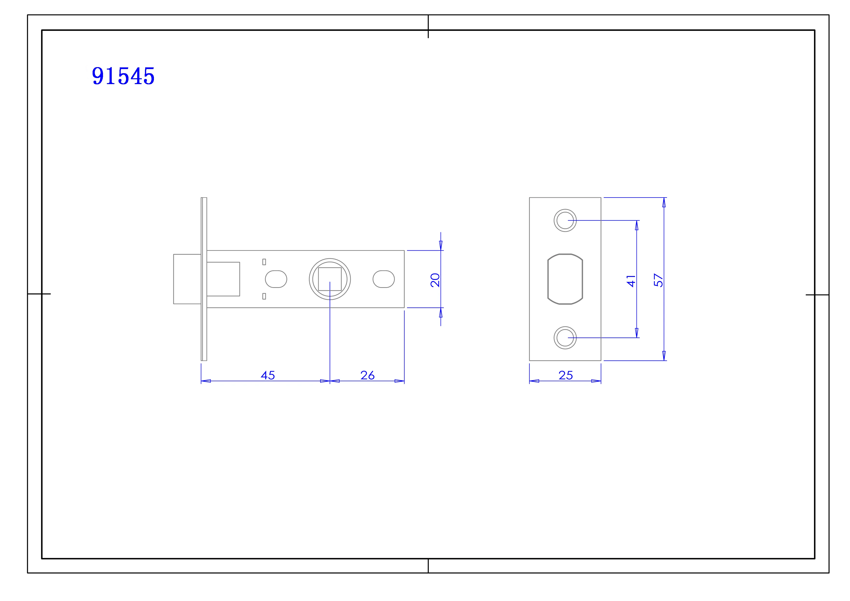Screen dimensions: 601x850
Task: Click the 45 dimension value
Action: coord(268,375)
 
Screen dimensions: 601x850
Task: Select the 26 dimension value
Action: coord(368,375)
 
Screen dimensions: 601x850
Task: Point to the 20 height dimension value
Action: coord(435,280)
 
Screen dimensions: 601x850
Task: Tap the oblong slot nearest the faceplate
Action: coord(276,279)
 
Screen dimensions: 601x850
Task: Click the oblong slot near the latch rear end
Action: coord(383,279)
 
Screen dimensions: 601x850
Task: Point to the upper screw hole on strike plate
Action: coord(565,221)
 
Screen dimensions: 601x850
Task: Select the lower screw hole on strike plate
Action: coord(565,338)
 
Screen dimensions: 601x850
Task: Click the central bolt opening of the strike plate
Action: coord(565,279)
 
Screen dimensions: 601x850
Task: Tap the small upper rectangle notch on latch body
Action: coord(264,262)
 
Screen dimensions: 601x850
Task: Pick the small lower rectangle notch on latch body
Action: coord(264,296)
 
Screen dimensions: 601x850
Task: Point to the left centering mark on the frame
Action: coord(39,294)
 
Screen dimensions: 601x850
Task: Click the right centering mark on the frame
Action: coord(817,295)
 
